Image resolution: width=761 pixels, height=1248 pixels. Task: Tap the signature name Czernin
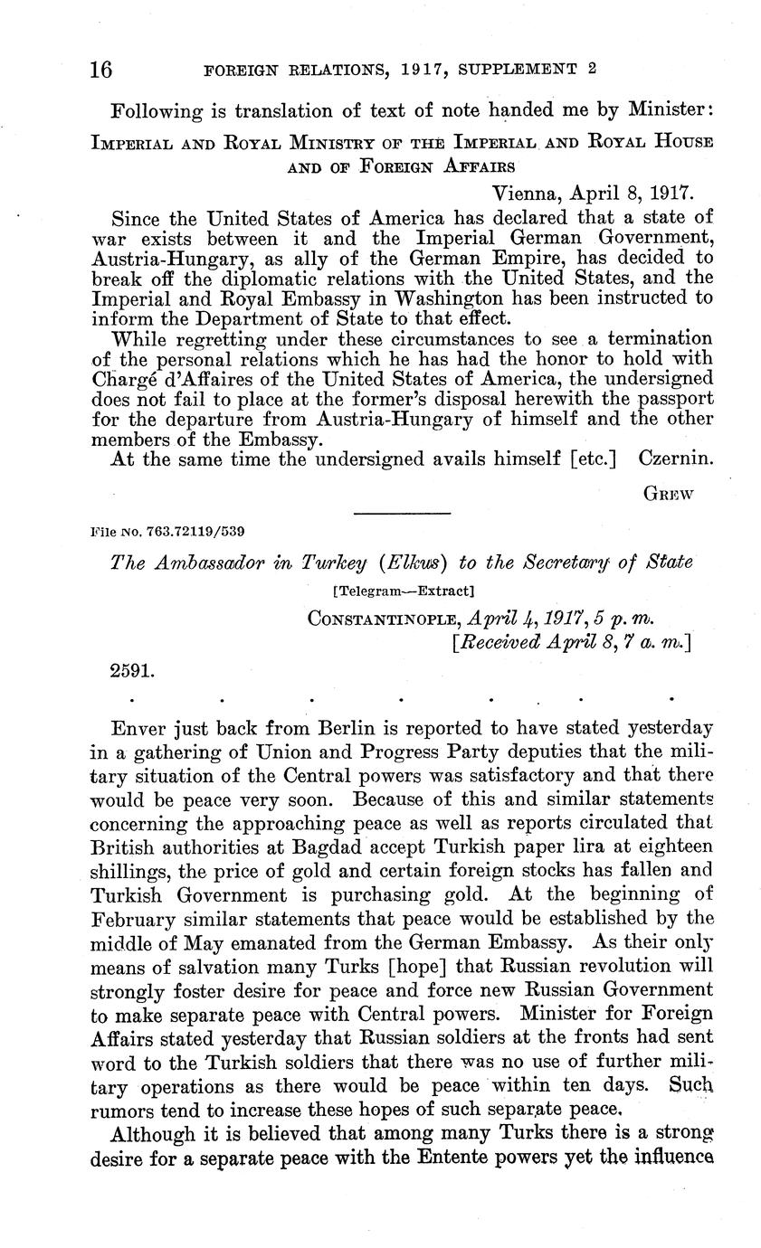(x=676, y=459)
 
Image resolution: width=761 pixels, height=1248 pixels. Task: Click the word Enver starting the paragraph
(x=138, y=728)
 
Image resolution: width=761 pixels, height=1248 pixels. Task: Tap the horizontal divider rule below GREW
(x=402, y=514)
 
